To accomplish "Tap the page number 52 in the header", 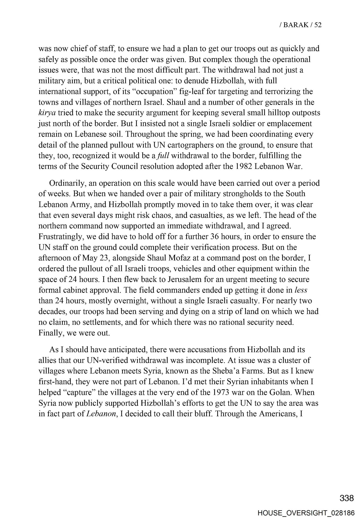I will pyautogui.click(x=318, y=25).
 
